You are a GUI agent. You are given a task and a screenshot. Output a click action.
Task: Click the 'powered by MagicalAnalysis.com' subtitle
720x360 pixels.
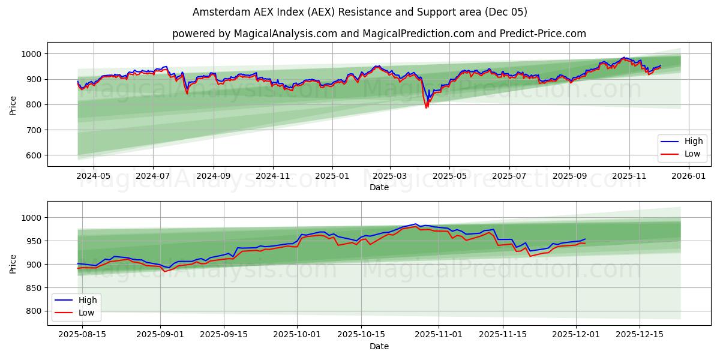click(x=379, y=34)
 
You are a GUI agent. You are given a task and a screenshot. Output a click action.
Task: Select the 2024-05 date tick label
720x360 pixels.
click(x=94, y=176)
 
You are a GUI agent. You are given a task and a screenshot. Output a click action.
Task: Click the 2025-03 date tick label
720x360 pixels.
click(x=390, y=176)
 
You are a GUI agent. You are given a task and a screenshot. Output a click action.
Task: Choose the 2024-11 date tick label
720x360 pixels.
click(x=273, y=176)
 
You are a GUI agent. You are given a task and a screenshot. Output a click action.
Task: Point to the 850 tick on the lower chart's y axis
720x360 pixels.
click(x=35, y=288)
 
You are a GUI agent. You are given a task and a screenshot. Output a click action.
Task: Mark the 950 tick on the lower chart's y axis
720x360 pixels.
click(x=35, y=241)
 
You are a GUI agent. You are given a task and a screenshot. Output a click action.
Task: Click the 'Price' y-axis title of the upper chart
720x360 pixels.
click(x=13, y=104)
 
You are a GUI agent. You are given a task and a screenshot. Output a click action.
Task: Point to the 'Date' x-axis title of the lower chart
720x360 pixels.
click(x=379, y=346)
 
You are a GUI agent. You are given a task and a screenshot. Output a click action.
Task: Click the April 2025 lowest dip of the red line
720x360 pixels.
click(x=426, y=107)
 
